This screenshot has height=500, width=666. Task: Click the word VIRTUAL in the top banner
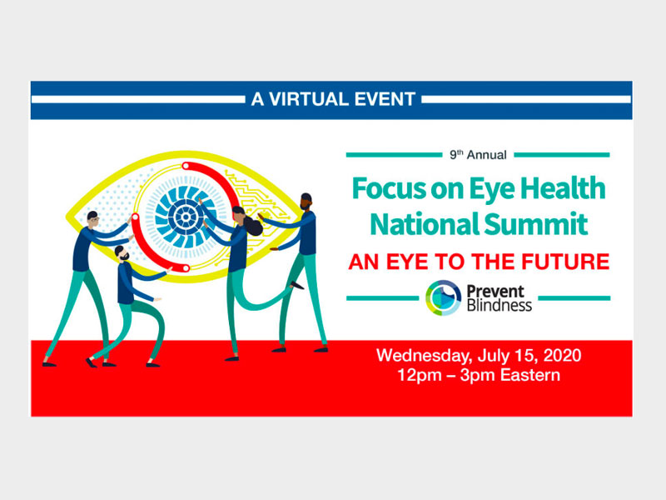tap(309, 99)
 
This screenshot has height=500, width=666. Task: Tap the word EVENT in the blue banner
tap(385, 99)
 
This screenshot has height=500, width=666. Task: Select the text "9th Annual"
tap(478, 155)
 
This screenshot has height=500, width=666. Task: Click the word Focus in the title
tap(389, 188)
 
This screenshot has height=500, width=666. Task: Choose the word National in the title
tap(425, 224)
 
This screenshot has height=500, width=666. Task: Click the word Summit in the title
tap(536, 224)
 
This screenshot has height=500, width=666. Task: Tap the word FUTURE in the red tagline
tap(565, 262)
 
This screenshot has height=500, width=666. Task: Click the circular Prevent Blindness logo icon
tap(443, 297)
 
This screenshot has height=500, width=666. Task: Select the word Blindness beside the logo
tap(499, 305)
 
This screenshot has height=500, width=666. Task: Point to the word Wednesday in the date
tap(424, 356)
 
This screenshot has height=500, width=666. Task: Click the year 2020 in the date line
tap(563, 355)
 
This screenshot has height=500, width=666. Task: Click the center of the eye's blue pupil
tap(186, 217)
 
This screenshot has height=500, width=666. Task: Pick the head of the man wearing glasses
tap(93, 219)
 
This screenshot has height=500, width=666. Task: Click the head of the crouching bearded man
tap(122, 254)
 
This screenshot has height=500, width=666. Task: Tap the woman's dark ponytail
tap(254, 226)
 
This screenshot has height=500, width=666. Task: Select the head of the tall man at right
tap(306, 202)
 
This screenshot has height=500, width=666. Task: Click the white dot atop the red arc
tap(186, 166)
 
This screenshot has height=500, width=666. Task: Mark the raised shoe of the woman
tap(297, 285)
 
